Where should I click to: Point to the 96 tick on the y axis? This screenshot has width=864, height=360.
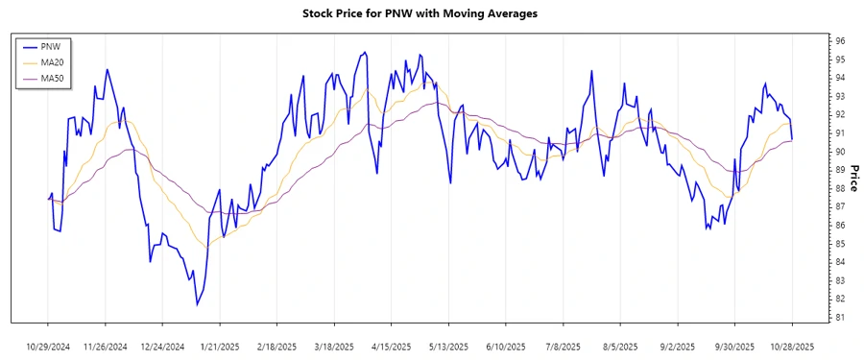(x=839, y=41)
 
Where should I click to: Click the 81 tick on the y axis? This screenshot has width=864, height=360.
(x=839, y=318)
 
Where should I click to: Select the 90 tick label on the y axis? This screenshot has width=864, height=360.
(x=839, y=152)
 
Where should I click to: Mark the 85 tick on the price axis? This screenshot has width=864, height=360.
(x=839, y=244)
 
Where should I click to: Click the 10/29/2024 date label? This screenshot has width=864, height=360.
(x=48, y=347)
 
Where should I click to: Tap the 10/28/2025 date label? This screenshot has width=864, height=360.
(x=792, y=347)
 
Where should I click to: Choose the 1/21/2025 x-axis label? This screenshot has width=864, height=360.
(x=220, y=347)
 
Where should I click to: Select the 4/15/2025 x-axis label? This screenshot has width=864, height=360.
(x=392, y=347)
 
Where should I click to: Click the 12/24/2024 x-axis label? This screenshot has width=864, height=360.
(x=162, y=347)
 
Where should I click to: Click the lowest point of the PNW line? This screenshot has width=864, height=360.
(x=197, y=305)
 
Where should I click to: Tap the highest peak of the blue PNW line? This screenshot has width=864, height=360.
(x=364, y=53)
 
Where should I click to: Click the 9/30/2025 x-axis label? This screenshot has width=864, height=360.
(x=735, y=347)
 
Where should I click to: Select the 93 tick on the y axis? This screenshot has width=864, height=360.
(x=839, y=97)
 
